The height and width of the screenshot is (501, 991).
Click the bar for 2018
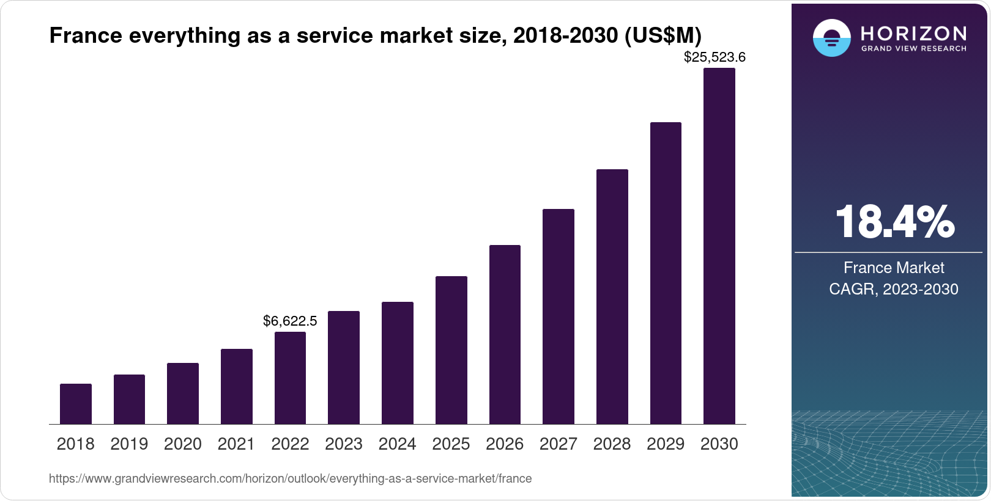(76, 404)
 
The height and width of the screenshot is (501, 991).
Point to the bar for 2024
(398, 363)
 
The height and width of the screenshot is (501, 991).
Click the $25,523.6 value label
(714, 57)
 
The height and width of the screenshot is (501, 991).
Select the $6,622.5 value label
(290, 321)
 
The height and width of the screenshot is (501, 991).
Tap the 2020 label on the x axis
(183, 444)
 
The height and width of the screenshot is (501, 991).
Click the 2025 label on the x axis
(451, 444)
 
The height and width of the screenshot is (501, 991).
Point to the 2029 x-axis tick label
(666, 444)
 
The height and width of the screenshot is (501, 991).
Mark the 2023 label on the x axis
(344, 444)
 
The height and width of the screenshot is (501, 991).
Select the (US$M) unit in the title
(663, 35)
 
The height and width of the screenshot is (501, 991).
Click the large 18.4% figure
(894, 222)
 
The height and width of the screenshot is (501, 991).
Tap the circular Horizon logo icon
(831, 38)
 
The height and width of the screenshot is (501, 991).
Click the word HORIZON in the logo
(913, 33)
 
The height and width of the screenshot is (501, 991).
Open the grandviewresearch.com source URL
(290, 478)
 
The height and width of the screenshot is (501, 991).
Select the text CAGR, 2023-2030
(893, 289)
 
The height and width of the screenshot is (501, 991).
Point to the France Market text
(893, 268)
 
